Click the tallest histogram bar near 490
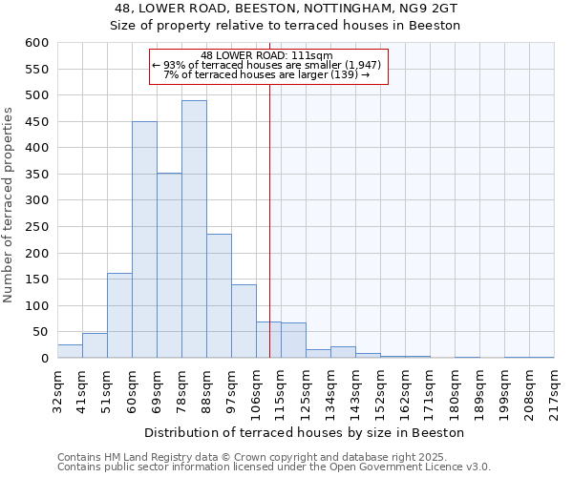pyautogui.click(x=194, y=229)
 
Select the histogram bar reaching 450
pyautogui.click(x=144, y=239)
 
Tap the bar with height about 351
pyautogui.click(x=169, y=265)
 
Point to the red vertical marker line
pyautogui.click(x=270, y=219)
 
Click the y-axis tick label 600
pyautogui.click(x=36, y=43)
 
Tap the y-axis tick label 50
pyautogui.click(x=40, y=332)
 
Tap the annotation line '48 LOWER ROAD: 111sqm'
pyautogui.click(x=267, y=55)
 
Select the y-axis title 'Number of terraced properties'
pyautogui.click(x=9, y=205)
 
